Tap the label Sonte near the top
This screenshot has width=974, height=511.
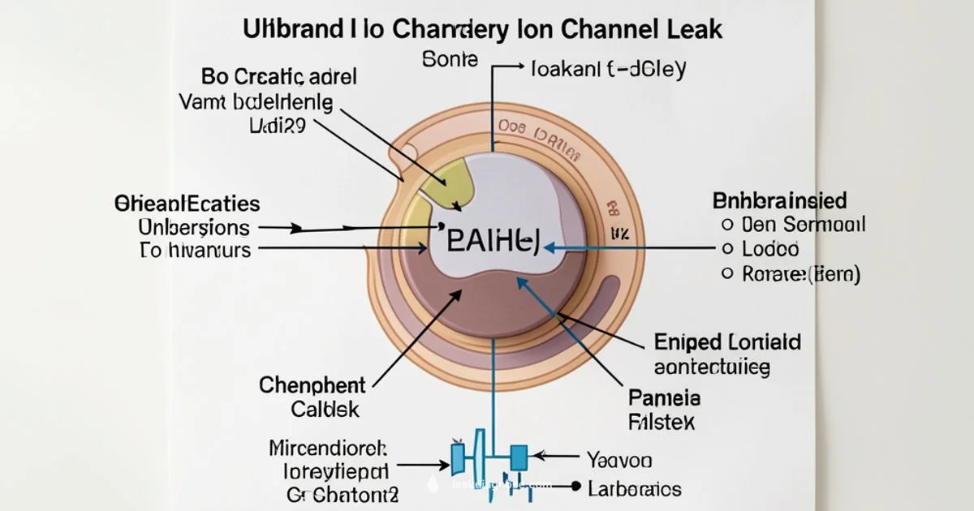click(x=451, y=60)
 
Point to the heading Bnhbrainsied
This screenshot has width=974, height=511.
click(x=779, y=200)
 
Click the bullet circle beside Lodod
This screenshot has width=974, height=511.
click(x=727, y=249)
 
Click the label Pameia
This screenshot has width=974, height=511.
click(x=665, y=397)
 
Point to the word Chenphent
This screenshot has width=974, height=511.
click(x=312, y=384)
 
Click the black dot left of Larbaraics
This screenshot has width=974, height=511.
click(x=576, y=487)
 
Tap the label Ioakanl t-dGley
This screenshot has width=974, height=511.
click(x=607, y=68)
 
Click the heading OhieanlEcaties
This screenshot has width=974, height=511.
click(x=187, y=203)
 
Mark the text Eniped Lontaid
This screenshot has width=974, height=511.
click(x=726, y=341)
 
